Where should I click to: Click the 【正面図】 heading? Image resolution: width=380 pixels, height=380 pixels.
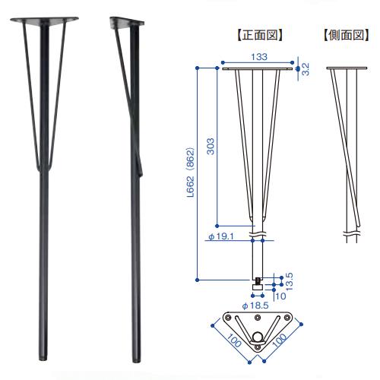(260, 35)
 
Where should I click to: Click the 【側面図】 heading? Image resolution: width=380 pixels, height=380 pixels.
(346, 35)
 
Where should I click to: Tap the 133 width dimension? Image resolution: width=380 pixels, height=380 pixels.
(259, 56)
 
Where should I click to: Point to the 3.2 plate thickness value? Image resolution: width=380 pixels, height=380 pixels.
(306, 69)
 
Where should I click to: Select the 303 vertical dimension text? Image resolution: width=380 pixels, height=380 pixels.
(211, 146)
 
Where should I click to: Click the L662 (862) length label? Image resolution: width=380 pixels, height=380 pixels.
(191, 172)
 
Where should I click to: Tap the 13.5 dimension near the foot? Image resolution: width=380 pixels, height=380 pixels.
(289, 281)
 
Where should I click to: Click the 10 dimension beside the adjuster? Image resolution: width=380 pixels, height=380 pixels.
(280, 296)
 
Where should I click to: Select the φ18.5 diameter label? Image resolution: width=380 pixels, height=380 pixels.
(255, 306)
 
